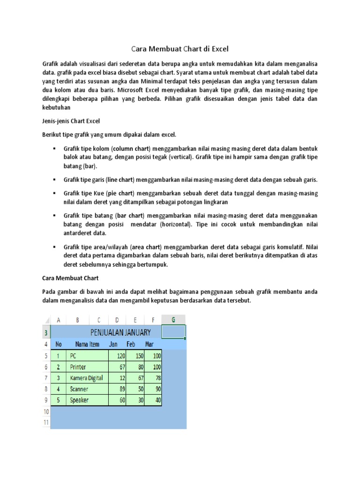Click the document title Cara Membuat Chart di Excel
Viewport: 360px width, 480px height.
(180, 48)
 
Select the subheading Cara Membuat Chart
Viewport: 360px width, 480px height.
(70, 278)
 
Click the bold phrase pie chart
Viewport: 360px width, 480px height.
(121, 194)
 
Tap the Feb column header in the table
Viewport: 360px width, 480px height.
(131, 344)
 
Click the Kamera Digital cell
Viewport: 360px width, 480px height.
(87, 378)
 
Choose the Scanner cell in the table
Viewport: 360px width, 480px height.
(79, 389)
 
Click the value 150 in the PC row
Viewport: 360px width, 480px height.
(139, 356)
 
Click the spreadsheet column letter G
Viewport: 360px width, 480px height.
(173, 320)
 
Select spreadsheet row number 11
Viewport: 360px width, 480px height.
(46, 422)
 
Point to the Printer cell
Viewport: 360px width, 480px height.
(78, 367)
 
